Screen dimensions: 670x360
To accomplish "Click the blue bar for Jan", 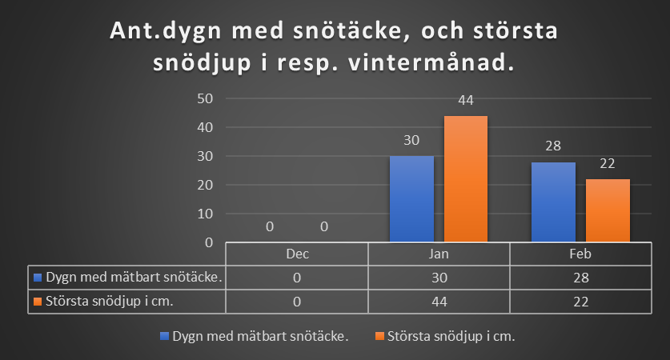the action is [411, 199].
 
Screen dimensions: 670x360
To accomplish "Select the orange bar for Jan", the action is [466, 179].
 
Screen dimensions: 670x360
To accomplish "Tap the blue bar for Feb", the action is [553, 202].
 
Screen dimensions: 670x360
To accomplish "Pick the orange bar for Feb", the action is [608, 210].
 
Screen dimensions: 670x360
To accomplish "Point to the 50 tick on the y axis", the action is [205, 98].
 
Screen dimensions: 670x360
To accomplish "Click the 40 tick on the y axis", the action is [205, 127].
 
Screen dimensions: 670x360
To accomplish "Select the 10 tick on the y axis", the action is [205, 214].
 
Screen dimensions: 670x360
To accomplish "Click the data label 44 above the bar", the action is [466, 100].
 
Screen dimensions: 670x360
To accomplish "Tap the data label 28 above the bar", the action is [553, 146].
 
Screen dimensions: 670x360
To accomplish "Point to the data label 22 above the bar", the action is [608, 163].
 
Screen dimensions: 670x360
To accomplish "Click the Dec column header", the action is [298, 254].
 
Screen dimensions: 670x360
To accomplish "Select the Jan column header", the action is [439, 254].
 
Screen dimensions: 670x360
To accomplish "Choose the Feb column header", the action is [580, 254].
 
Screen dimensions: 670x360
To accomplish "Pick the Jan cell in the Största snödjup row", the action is [439, 302].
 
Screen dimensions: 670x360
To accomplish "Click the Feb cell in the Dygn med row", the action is [581, 278].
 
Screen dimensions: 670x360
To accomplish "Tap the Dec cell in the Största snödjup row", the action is [297, 302].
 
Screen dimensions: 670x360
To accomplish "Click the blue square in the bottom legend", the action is [165, 336].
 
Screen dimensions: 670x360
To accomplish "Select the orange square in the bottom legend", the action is [379, 336].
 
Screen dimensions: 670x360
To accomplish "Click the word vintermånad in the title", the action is [431, 62].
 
